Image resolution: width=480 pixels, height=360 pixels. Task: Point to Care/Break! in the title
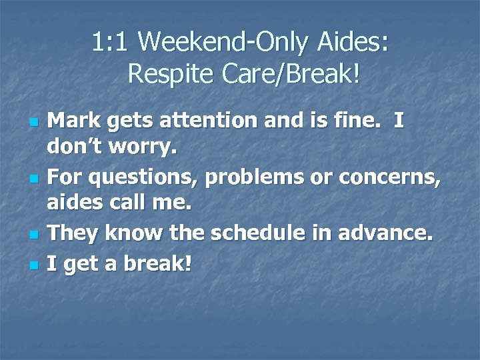click(287, 74)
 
